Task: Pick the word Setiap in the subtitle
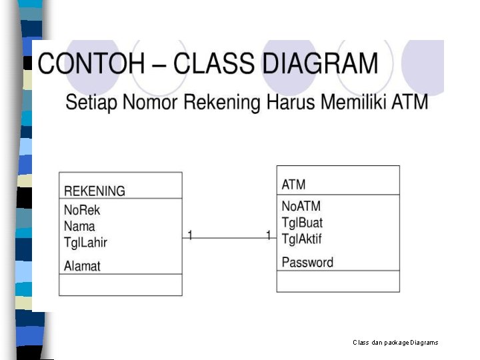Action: [x=90, y=104]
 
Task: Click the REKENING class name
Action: [x=94, y=191]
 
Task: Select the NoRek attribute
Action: [x=81, y=210]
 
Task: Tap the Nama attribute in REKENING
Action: [x=79, y=226]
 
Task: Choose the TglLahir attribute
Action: [x=85, y=242]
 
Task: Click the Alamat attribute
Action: [x=82, y=266]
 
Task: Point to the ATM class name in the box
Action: [x=293, y=185]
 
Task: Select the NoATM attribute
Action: [x=302, y=206]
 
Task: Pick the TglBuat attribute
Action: [x=302, y=222]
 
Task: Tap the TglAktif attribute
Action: [x=301, y=238]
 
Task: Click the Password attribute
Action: [x=307, y=262]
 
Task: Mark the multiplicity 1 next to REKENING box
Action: [x=190, y=235]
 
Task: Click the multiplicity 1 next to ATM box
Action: [x=269, y=235]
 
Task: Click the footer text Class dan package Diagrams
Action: [x=395, y=342]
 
